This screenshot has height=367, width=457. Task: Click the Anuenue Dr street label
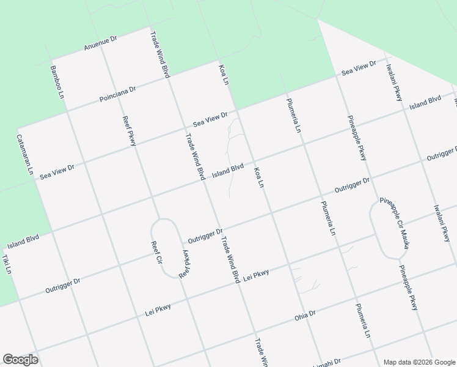[101, 43]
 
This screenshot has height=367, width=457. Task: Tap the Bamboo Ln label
[57, 82]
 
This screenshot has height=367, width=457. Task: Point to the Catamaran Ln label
[25, 155]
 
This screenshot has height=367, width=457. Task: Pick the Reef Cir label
[157, 253]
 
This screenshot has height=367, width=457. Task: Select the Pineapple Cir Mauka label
[395, 224]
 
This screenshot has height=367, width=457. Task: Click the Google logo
[20, 360]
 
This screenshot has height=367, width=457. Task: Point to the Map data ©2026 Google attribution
[419, 362]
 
